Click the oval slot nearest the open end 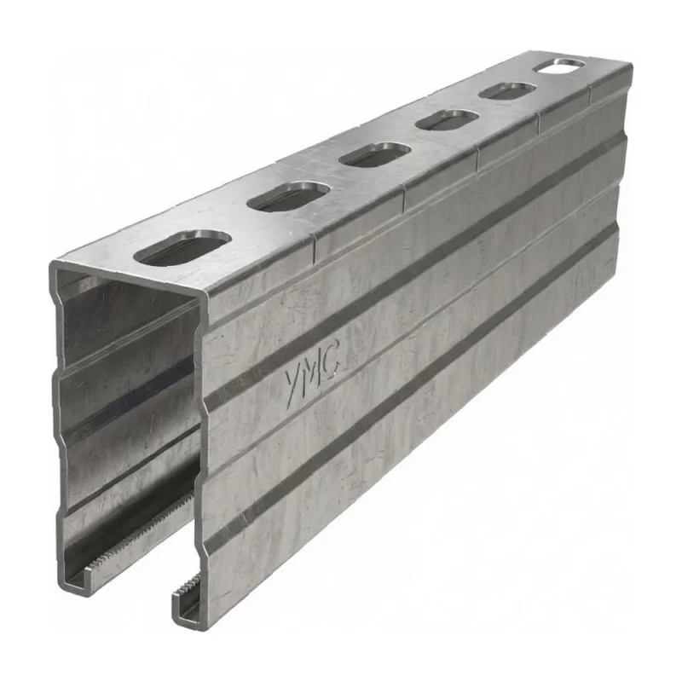pyautogui.click(x=182, y=249)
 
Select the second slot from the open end pyautogui.click(x=288, y=198)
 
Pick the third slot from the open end pyautogui.click(x=374, y=154)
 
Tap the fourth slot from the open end pyautogui.click(x=447, y=120)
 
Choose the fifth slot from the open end pyautogui.click(x=507, y=90)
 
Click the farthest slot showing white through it pyautogui.click(x=559, y=66)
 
